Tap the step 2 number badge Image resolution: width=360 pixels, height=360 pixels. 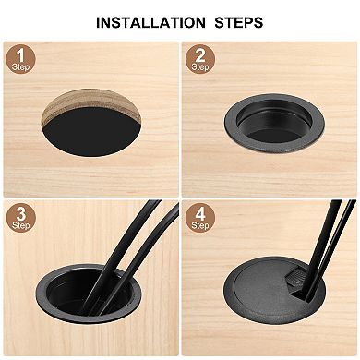coord(199,58)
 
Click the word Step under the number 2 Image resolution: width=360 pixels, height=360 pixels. coord(199,67)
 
